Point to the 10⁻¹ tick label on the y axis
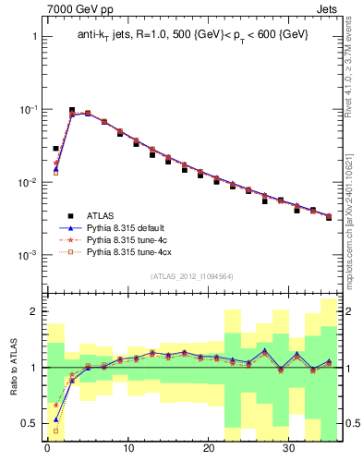click(x=29, y=109)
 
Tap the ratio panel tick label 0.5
click(x=29, y=424)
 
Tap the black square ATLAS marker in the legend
click(x=70, y=214)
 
